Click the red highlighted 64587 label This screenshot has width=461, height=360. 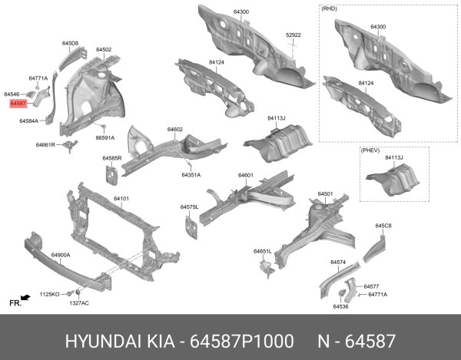tap(19, 102)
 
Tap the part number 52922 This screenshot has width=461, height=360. tap(293, 35)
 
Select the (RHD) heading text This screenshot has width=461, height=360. tap(329, 9)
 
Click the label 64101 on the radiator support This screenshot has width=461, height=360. tap(121, 199)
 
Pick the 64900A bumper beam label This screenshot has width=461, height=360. tap(61, 254)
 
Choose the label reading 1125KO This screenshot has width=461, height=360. tap(49, 294)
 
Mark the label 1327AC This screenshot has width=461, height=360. tap(79, 302)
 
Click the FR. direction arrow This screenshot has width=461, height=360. tap(25, 297)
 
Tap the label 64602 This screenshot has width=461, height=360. tap(174, 130)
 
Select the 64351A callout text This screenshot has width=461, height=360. tap(191, 175)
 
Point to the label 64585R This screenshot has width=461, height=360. tap(112, 158)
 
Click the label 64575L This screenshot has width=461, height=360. tap(190, 207)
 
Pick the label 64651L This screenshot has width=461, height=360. tap(263, 251)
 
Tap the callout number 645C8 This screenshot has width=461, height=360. tap(383, 226)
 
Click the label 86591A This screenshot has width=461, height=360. tap(105, 138)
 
